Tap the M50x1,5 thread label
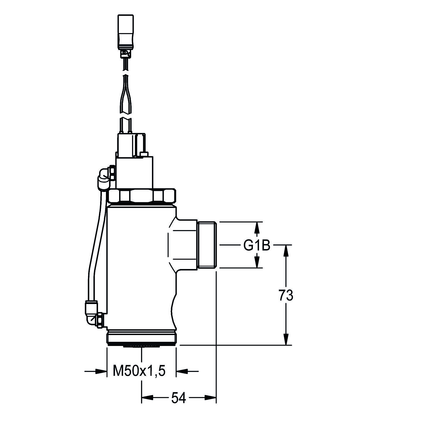[139, 371]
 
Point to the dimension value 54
[179, 398]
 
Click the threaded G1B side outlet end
[207, 245]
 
